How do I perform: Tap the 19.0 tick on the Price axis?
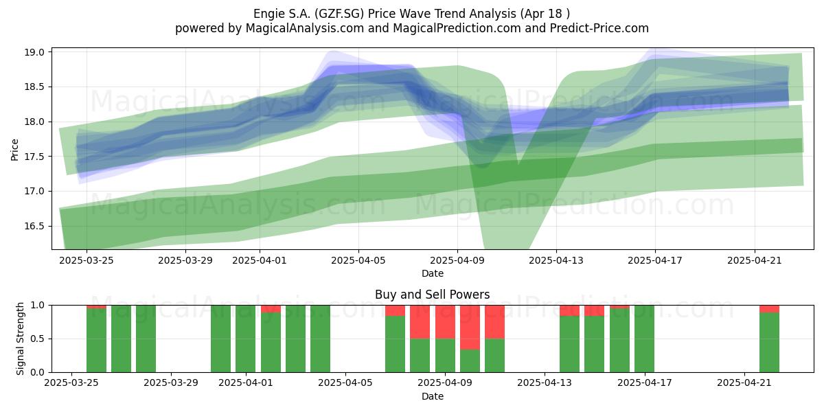(34, 52)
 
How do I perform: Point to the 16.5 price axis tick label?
(34, 226)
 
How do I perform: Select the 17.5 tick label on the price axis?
(34, 157)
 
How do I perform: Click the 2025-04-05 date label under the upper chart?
(358, 260)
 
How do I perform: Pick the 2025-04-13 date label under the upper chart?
(556, 260)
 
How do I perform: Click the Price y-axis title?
(14, 150)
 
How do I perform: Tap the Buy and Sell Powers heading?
(432, 295)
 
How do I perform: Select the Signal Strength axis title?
(20, 339)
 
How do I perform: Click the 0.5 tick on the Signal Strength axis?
(38, 339)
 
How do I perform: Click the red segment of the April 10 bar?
(470, 328)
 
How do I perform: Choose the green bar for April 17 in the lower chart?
(644, 339)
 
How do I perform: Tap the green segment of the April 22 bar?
(769, 343)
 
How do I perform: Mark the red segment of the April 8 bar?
(420, 322)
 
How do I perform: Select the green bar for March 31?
(220, 339)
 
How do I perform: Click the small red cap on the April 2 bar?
(271, 309)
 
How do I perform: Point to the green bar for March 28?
(146, 339)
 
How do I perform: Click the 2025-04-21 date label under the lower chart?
(744, 383)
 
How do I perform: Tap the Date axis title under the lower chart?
(432, 396)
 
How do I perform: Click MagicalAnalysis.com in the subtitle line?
(305, 28)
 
